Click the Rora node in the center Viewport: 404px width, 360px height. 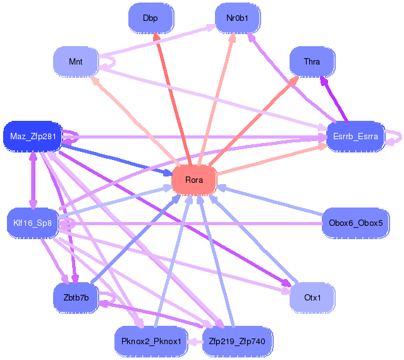(x=194, y=180)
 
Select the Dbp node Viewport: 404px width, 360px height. (x=150, y=18)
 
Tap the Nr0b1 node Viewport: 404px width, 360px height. (x=237, y=18)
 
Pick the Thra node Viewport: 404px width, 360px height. (x=312, y=61)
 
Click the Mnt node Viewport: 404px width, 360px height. (x=76, y=61)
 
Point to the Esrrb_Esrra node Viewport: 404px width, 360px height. (x=355, y=136)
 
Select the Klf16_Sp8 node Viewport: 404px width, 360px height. (x=33, y=223)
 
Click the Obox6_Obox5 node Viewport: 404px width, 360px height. (x=355, y=223)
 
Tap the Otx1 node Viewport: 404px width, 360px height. (x=312, y=297)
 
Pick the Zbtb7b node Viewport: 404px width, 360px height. (x=75, y=297)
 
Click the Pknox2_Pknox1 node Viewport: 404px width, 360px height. (x=150, y=342)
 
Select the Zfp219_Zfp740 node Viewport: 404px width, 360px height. (x=237, y=342)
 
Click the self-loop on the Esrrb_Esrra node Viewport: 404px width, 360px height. (x=396, y=136)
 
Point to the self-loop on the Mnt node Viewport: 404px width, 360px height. (x=109, y=61)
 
